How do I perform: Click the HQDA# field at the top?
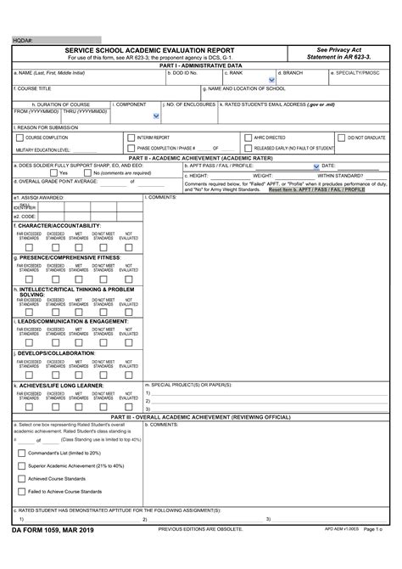pyautogui.click(x=64, y=40)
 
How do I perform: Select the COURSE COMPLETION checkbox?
pyautogui.click(x=18, y=137)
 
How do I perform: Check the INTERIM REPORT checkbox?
pyautogui.click(x=131, y=137)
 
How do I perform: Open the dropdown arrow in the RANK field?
pyautogui.click(x=271, y=82)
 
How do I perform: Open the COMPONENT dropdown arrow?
pyautogui.click(x=155, y=115)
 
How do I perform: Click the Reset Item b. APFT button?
pyautogui.click(x=316, y=189)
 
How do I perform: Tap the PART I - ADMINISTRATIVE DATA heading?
pyautogui.click(x=201, y=65)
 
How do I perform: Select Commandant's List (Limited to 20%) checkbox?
pyautogui.click(x=21, y=453)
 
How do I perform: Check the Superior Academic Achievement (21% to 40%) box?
pyautogui.click(x=21, y=465)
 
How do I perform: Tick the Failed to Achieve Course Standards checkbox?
pyautogui.click(x=21, y=491)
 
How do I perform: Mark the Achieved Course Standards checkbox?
pyautogui.click(x=21, y=478)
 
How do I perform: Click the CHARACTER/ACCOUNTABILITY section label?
pyautogui.click(x=57, y=224)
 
